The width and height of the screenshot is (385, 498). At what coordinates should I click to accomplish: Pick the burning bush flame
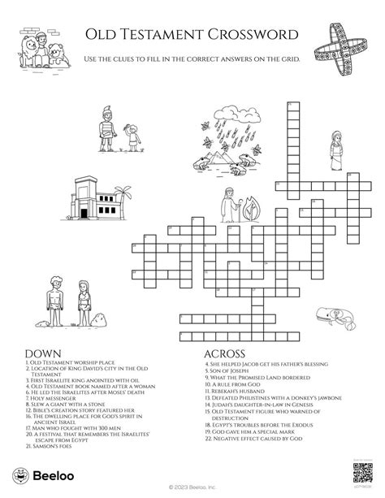[x=250, y=203]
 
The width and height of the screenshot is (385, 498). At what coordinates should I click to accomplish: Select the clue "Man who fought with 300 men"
[x=70, y=421]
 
